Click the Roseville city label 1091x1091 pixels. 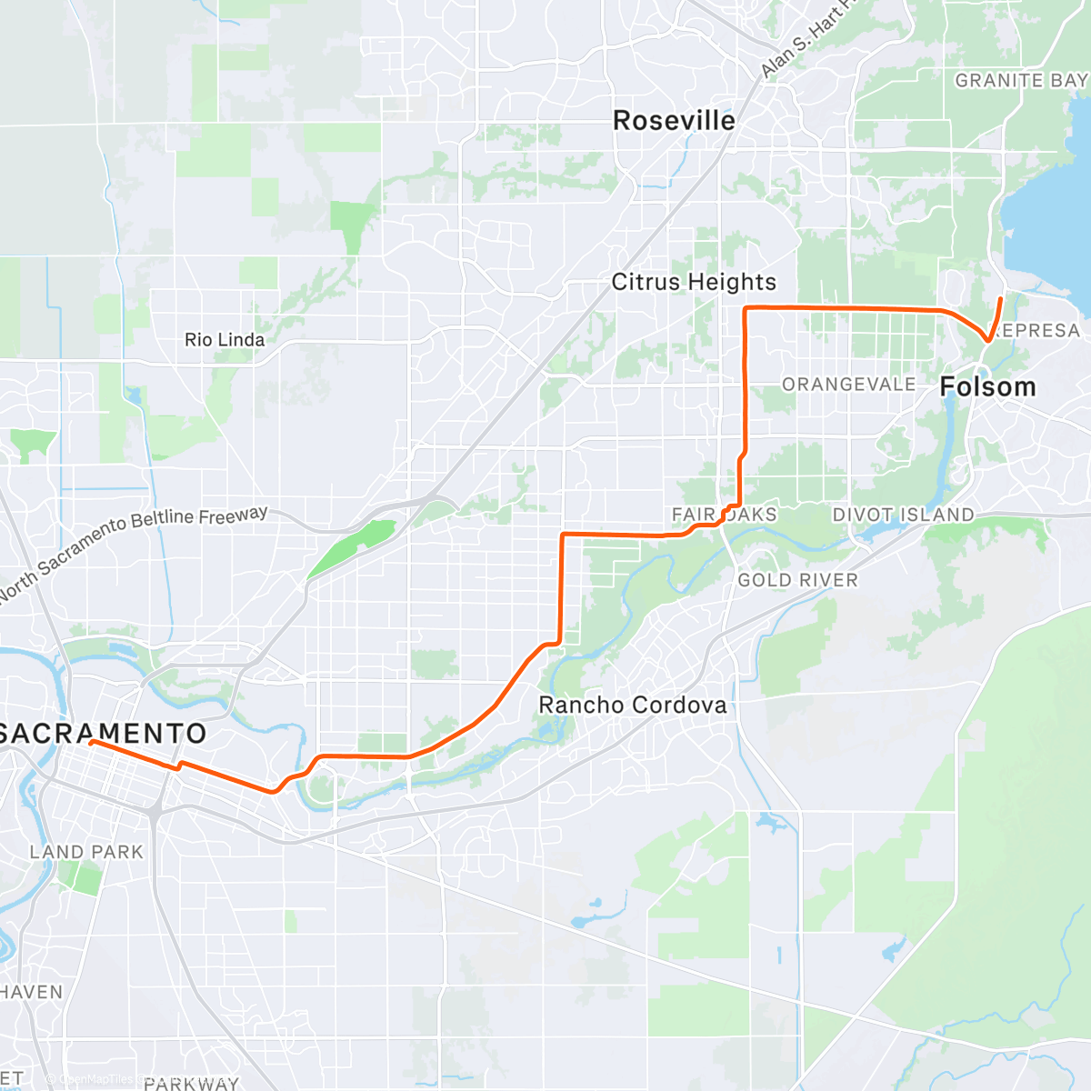click(x=674, y=121)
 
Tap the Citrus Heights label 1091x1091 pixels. click(x=694, y=282)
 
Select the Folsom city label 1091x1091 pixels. click(x=987, y=387)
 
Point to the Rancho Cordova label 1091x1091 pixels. click(x=633, y=705)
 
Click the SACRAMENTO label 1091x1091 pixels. click(x=103, y=734)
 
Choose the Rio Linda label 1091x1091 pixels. click(x=225, y=340)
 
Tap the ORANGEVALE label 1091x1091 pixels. click(x=848, y=385)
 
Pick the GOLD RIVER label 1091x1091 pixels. click(x=797, y=580)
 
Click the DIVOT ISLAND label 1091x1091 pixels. click(x=903, y=515)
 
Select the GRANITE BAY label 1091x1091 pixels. click(x=1021, y=81)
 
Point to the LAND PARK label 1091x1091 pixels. click(x=86, y=852)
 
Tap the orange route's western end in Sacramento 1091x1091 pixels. click(x=92, y=742)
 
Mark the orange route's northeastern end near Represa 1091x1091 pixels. click(x=1001, y=298)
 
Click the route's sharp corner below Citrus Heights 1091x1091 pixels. click(x=746, y=310)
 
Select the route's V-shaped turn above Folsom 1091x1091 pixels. click(x=986, y=342)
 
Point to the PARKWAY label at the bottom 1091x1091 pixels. click(x=191, y=1083)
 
